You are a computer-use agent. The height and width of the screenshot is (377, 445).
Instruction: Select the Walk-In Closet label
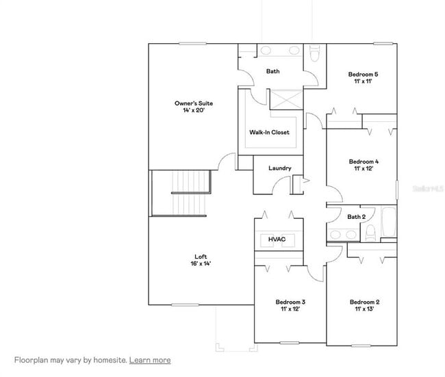coord(269,132)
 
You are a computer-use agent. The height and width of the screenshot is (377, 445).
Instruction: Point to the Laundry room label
coord(280,168)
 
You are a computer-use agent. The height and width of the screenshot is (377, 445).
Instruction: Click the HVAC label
coord(277,239)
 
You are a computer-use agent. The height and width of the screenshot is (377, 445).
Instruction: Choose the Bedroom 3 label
coord(290,302)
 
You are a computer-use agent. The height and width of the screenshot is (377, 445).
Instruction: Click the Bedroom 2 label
coord(364,302)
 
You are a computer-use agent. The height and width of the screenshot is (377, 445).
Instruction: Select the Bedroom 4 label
coord(364,161)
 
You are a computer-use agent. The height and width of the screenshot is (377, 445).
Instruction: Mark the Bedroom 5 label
coord(364,74)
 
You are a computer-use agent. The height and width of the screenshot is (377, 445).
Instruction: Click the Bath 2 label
coord(356,217)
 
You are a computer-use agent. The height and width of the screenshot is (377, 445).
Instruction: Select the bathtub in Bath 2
coord(388,223)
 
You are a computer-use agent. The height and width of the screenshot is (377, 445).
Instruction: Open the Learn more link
coord(150,360)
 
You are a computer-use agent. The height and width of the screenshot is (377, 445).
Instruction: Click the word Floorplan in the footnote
coord(33,360)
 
